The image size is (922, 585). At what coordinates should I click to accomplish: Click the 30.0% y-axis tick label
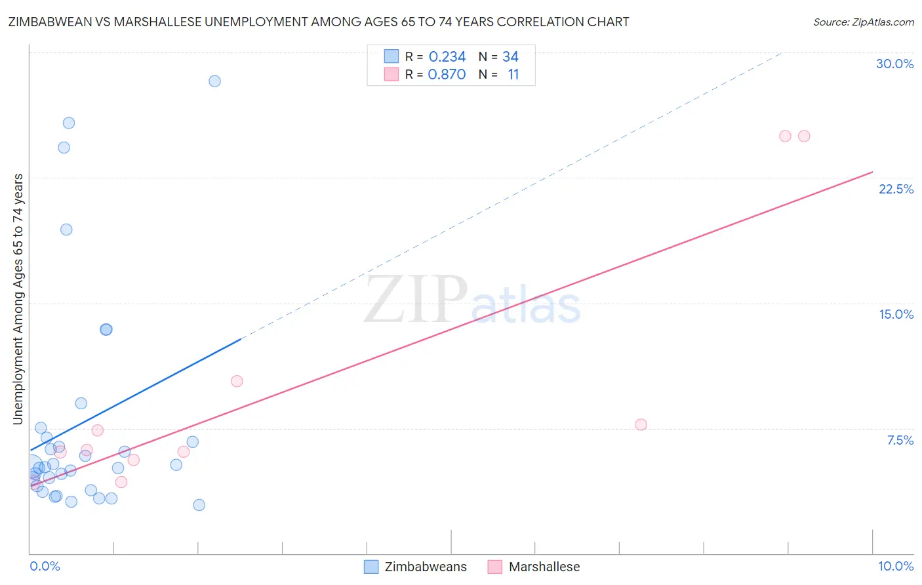(894, 64)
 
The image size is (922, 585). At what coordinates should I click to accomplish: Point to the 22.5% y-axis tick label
(896, 189)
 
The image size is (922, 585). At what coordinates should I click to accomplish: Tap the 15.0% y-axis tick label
(896, 314)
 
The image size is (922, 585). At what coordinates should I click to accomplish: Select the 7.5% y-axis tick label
(900, 440)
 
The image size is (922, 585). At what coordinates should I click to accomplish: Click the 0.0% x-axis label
(45, 566)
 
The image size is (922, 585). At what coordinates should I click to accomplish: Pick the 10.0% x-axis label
(895, 566)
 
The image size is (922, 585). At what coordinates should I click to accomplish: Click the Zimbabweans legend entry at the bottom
(416, 567)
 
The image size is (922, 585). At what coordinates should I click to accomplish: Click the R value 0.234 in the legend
(447, 57)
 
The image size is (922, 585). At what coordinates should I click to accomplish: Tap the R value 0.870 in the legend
(447, 75)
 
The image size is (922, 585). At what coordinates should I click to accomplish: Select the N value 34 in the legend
(510, 57)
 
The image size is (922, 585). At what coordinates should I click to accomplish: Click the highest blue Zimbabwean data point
(214, 81)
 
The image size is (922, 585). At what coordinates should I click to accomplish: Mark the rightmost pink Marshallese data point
(804, 136)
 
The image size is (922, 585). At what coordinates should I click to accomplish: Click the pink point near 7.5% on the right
(641, 424)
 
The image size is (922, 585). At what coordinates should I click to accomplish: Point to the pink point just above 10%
(237, 381)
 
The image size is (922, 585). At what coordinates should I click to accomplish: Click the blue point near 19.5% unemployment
(66, 230)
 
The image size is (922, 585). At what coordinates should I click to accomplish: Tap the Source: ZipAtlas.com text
(863, 22)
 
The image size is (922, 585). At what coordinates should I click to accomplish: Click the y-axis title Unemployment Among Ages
(18, 298)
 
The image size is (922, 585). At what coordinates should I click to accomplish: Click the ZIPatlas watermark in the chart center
(472, 300)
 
